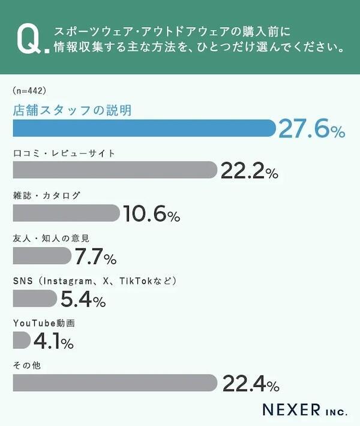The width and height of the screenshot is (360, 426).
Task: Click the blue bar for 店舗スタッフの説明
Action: (144, 128)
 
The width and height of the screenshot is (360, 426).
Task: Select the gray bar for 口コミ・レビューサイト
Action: (114, 170)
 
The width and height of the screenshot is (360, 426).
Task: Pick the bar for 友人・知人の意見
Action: (41, 256)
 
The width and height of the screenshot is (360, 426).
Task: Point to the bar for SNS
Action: (35, 298)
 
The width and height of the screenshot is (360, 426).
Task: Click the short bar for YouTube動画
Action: (21, 341)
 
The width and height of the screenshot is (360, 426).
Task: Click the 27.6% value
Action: (311, 129)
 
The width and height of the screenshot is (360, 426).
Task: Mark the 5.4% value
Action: (81, 299)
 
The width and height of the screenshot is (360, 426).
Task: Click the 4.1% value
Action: (53, 342)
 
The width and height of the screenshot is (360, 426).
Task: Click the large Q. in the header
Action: (29, 40)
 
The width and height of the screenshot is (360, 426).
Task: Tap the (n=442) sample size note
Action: (29, 91)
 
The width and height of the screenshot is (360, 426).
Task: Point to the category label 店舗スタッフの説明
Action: (72, 110)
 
